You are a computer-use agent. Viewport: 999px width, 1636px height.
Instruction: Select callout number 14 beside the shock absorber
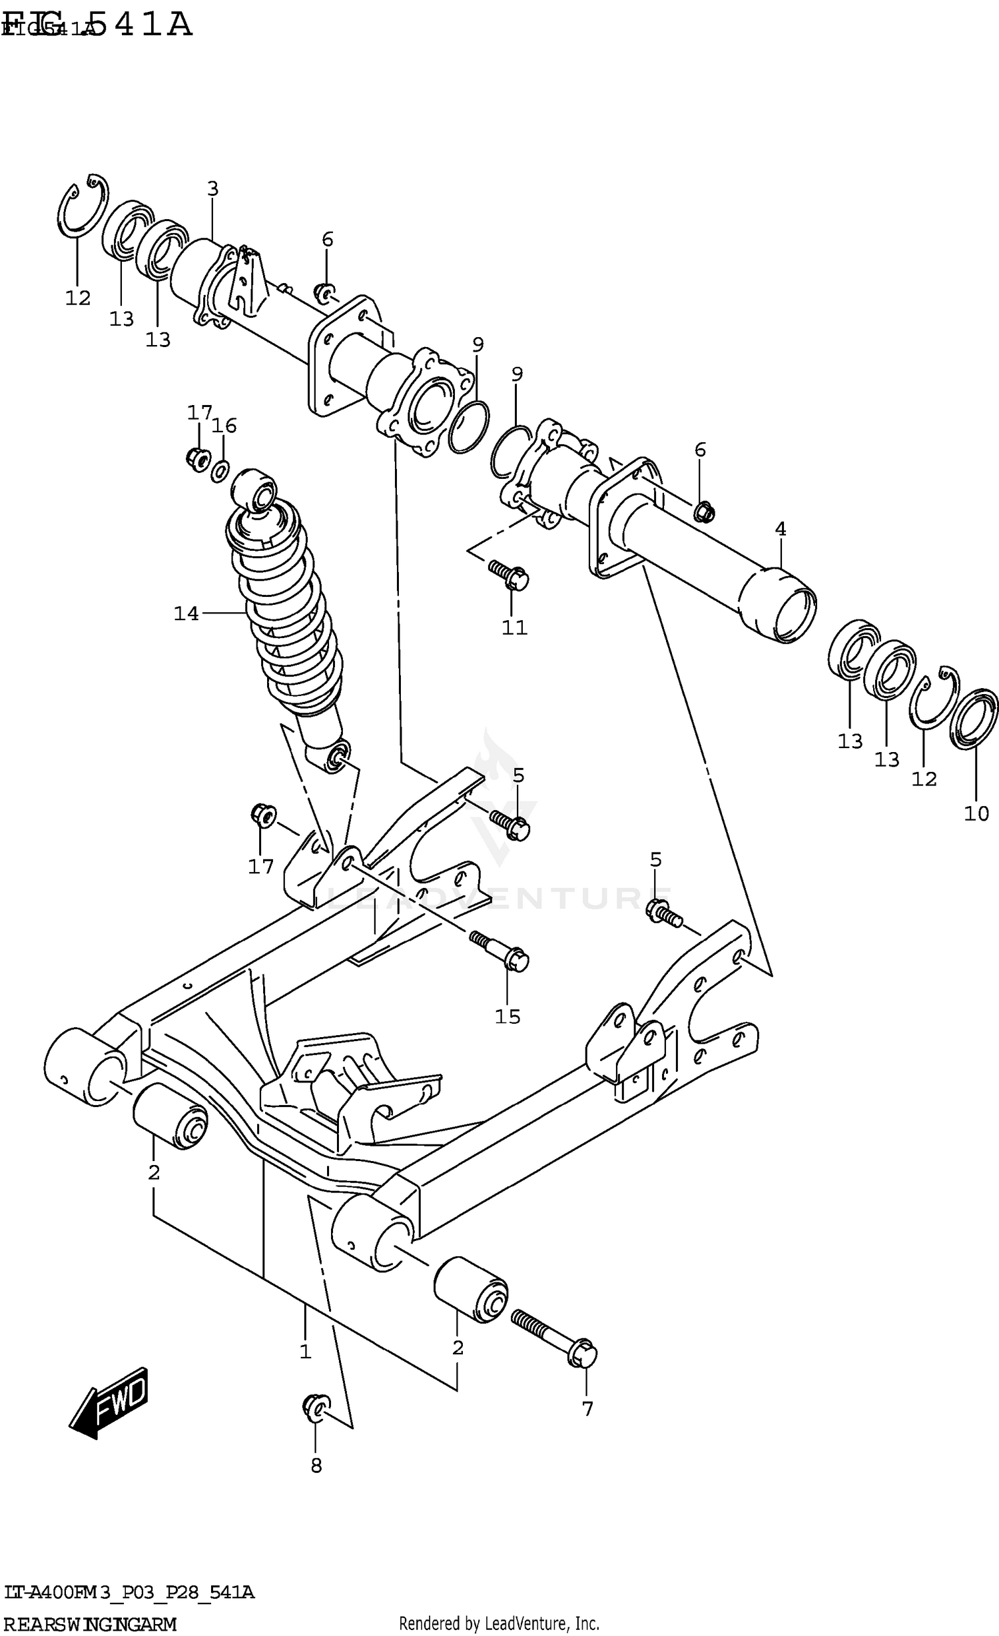pos(186,613)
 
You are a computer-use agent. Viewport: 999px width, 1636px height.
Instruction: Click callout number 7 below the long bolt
pos(587,1409)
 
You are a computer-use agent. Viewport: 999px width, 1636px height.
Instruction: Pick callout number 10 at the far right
pos(976,813)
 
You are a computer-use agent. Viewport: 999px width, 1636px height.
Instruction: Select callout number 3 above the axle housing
pos(212,189)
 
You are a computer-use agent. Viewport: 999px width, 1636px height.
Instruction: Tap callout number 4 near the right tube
pos(781,530)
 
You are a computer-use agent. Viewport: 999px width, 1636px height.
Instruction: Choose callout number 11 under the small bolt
pos(514,627)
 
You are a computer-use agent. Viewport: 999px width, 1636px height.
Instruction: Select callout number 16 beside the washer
pos(224,426)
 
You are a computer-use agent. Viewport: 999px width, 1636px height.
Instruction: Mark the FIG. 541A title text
pos(97,25)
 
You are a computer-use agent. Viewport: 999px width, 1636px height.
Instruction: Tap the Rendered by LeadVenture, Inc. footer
pos(499,1623)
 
